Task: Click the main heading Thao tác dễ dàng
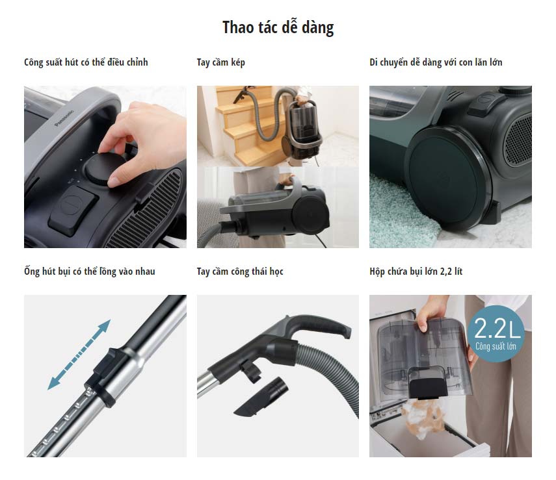(x=278, y=27)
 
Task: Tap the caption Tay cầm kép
(x=220, y=62)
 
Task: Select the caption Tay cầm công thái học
(x=240, y=272)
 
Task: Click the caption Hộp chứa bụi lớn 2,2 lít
(x=416, y=272)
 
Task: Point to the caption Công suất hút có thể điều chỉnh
(x=86, y=62)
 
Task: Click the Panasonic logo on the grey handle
(x=64, y=118)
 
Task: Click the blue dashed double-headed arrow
(x=79, y=355)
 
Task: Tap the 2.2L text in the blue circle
(x=496, y=328)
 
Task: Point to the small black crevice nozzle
(x=261, y=397)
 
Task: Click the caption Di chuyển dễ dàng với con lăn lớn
(x=436, y=62)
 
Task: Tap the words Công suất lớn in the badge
(x=496, y=346)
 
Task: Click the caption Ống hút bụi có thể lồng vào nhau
(x=89, y=272)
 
